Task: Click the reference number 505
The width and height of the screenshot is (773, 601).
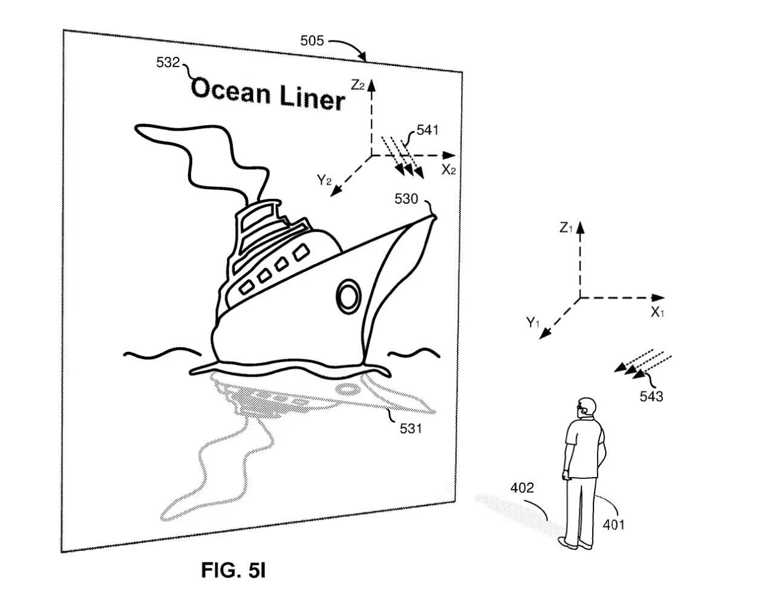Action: click(x=312, y=41)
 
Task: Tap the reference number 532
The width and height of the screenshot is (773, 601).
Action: click(x=168, y=62)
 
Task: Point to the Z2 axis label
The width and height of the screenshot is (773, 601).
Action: click(x=357, y=85)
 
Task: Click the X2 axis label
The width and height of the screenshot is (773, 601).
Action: click(x=448, y=170)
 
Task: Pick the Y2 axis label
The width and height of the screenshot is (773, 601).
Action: click(x=324, y=180)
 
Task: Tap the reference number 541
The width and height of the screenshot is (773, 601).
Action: click(x=427, y=129)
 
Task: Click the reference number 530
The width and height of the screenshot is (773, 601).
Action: click(x=406, y=198)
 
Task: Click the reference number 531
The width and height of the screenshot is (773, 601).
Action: click(x=411, y=429)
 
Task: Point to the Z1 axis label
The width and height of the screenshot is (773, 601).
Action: click(x=566, y=228)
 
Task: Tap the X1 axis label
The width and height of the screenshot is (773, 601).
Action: click(x=657, y=313)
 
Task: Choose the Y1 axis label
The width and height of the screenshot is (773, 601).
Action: click(x=532, y=323)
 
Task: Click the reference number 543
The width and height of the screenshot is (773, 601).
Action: click(x=651, y=397)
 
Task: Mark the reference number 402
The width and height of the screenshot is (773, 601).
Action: click(x=522, y=488)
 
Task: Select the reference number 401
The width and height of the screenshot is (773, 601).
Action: click(x=613, y=524)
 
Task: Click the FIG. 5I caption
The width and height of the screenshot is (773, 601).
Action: click(x=233, y=570)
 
